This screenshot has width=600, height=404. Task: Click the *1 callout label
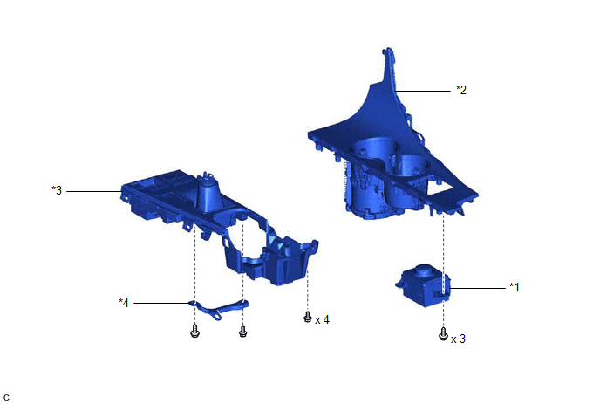(x=515, y=287)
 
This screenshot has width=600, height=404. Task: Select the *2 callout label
(x=461, y=90)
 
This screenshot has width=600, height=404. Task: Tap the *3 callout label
(x=57, y=190)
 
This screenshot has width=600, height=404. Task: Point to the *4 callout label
(x=124, y=303)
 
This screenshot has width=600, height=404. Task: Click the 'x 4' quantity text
(x=322, y=319)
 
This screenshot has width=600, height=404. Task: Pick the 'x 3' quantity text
(x=459, y=339)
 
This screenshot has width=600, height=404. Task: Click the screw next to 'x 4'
(x=307, y=317)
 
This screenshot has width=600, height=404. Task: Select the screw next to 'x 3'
(x=443, y=334)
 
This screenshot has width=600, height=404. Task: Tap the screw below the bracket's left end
(x=194, y=332)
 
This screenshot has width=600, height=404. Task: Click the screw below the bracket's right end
(x=243, y=332)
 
